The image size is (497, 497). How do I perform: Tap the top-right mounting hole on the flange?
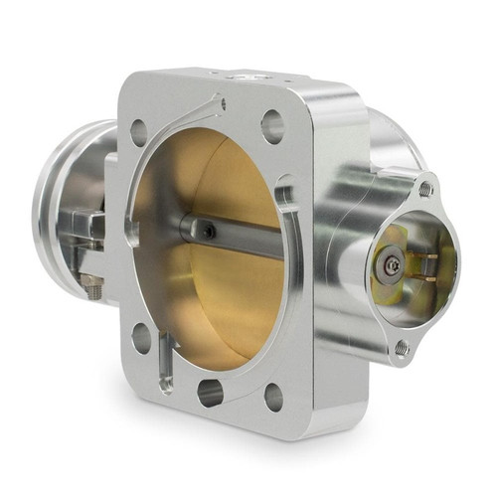coord(271,125)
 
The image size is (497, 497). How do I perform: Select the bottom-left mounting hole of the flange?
coord(141,337)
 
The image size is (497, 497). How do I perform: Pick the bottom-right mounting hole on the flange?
coord(272,398)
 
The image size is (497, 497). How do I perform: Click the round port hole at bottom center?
coord(210,392)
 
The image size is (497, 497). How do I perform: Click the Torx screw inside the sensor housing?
coord(395,265)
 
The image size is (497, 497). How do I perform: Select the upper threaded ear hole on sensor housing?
coord(425,189)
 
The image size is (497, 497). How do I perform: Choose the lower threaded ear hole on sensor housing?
coord(401,347)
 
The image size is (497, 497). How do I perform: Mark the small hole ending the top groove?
coord(222,102)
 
